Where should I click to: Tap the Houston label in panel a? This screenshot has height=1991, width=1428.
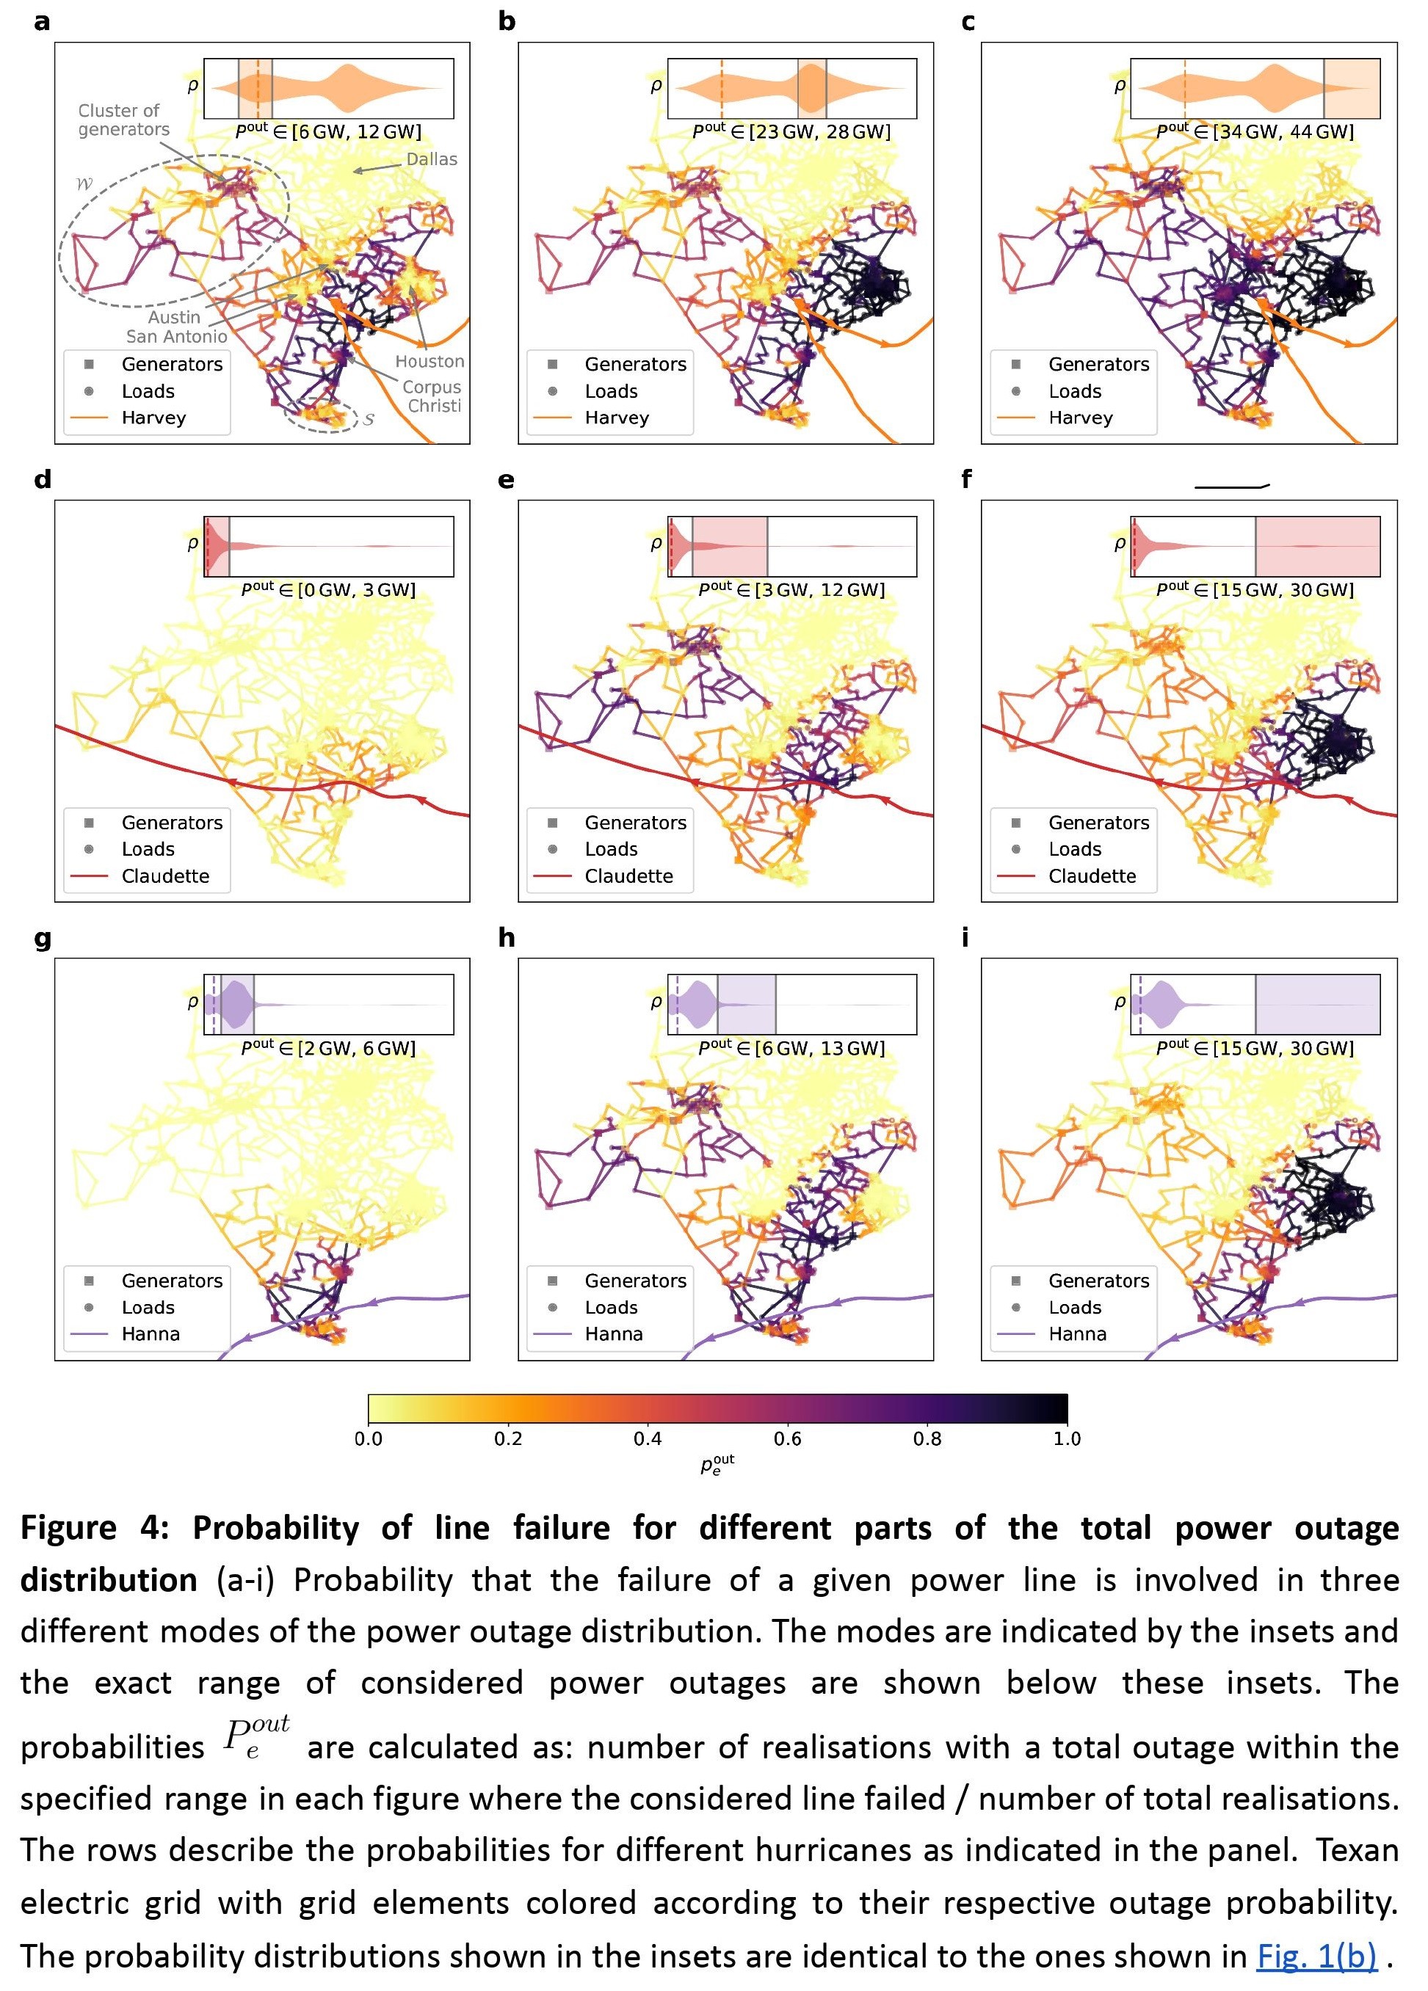pos(430,361)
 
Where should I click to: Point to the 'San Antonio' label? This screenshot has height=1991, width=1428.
pos(176,336)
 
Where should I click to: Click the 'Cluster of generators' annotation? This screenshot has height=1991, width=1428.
pos(124,120)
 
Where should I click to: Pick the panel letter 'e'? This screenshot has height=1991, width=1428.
pos(506,479)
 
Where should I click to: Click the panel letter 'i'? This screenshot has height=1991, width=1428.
pos(966,938)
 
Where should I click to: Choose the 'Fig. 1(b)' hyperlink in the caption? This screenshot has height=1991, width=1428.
pos(1316,1955)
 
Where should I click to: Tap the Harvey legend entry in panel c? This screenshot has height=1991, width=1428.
pos(1080,418)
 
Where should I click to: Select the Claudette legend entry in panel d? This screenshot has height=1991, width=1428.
pos(165,876)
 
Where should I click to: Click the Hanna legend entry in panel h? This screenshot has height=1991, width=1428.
pos(614,1334)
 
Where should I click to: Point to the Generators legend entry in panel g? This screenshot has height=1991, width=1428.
pos(172,1281)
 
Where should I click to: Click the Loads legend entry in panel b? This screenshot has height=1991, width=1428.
pos(612,392)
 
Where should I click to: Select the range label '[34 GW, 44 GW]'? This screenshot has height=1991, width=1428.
pos(1283,131)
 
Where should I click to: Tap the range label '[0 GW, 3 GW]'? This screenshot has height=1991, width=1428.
pos(355,590)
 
